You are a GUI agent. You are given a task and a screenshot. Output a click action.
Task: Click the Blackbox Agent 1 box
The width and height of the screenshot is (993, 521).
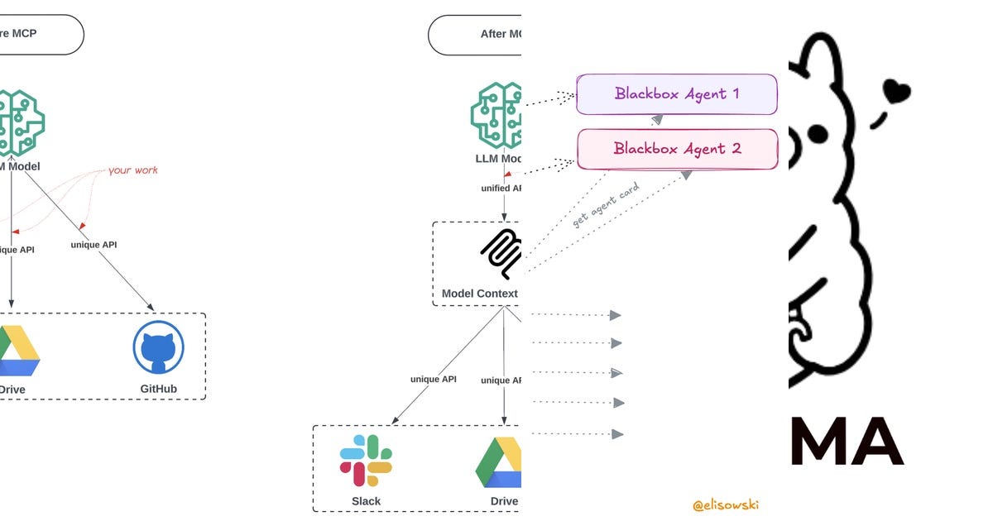coord(676,94)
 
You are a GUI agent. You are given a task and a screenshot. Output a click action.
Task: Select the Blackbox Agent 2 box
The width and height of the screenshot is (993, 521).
coord(676,149)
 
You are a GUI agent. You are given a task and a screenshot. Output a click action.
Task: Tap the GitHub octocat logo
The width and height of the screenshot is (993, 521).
coord(159,348)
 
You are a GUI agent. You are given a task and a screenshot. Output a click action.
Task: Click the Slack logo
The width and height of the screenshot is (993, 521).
coord(366,461)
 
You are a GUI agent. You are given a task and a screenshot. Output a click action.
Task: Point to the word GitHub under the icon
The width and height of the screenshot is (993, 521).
coord(159,389)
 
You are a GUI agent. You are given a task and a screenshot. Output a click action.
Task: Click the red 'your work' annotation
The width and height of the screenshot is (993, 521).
coord(132,170)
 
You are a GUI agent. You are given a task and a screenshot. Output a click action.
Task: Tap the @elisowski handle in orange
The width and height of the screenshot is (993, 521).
coord(725,504)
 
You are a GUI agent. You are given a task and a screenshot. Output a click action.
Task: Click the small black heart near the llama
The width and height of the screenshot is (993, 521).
coord(895,90)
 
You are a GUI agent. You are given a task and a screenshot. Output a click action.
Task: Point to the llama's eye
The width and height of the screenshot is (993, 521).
coord(817,133)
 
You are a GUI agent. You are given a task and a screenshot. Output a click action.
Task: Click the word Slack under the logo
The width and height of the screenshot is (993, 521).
coord(366,501)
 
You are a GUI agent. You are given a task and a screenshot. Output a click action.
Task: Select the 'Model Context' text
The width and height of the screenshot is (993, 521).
coord(480,294)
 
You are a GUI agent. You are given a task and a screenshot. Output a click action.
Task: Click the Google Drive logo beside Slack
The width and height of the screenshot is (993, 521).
coord(499,462)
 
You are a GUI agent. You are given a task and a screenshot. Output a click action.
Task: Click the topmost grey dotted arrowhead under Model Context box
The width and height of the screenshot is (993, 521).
coord(615,315)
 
